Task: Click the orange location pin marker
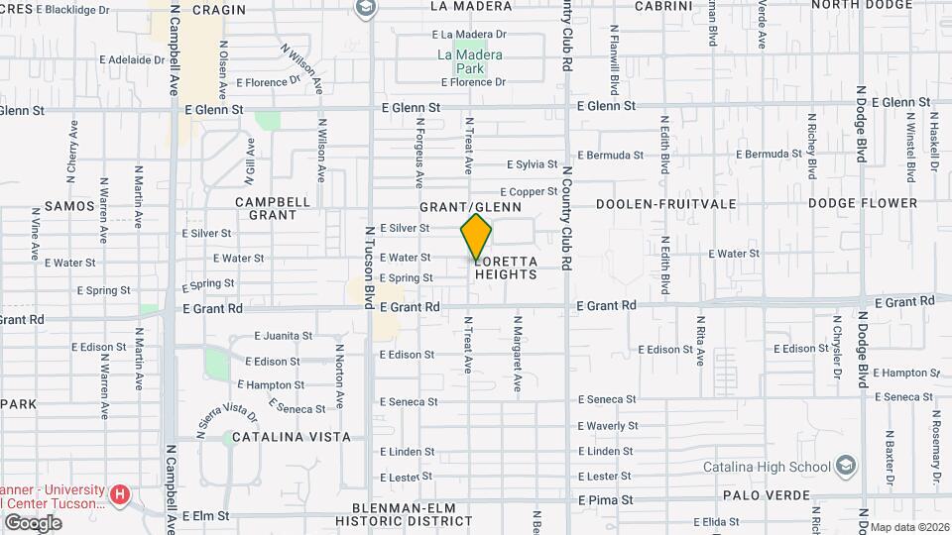476,236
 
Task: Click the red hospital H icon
120,492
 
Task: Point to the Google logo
33,522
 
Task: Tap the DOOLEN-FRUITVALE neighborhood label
665,203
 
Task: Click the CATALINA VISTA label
293,436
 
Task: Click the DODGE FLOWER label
862,203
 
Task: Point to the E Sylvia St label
533,164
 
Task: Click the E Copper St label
529,191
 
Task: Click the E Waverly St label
608,426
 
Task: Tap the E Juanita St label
283,336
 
